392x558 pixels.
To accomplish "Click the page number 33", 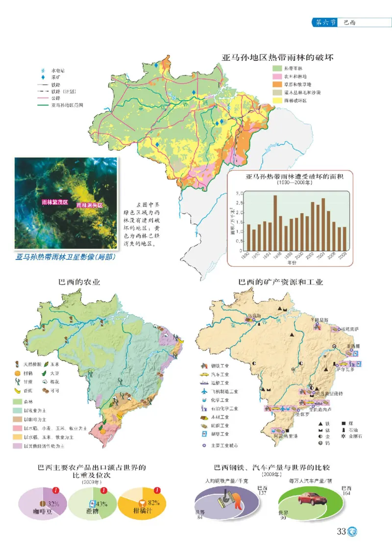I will click(x=341, y=532).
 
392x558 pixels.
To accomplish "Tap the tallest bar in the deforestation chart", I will click(x=275, y=224).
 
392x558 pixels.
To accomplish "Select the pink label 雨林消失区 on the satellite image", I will click(x=90, y=206).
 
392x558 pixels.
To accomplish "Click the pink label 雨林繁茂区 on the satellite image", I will click(x=54, y=202).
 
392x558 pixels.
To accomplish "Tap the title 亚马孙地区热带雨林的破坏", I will click(x=277, y=57).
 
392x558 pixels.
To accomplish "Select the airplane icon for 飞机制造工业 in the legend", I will click(x=204, y=391).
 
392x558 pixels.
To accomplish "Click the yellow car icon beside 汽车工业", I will click(x=204, y=374).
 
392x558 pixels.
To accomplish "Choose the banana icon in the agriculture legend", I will click(x=17, y=391).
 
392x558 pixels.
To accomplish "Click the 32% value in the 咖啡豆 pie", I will click(x=53, y=504).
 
